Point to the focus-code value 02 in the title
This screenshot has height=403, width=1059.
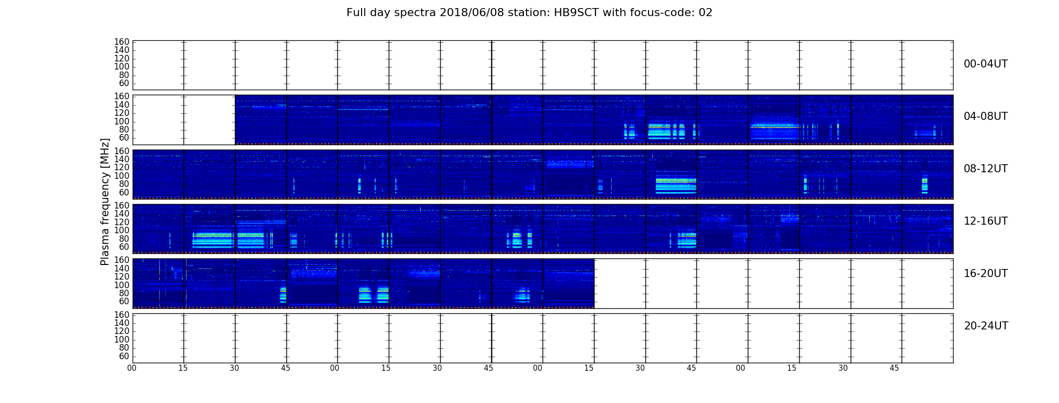tap(705, 13)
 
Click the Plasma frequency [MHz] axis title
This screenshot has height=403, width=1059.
tap(105, 201)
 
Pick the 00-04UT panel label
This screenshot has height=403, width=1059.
tap(986, 64)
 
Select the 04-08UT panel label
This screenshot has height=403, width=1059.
tap(986, 116)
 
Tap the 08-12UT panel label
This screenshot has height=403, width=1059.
tap(986, 169)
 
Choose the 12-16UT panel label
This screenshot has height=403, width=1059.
tap(986, 221)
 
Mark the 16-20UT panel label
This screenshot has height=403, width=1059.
tap(986, 274)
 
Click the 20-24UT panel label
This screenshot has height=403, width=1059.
tap(986, 326)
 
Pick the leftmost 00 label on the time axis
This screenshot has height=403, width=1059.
tap(132, 368)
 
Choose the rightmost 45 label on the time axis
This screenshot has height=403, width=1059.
tap(894, 368)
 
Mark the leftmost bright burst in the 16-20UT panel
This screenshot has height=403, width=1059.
tap(283, 295)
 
